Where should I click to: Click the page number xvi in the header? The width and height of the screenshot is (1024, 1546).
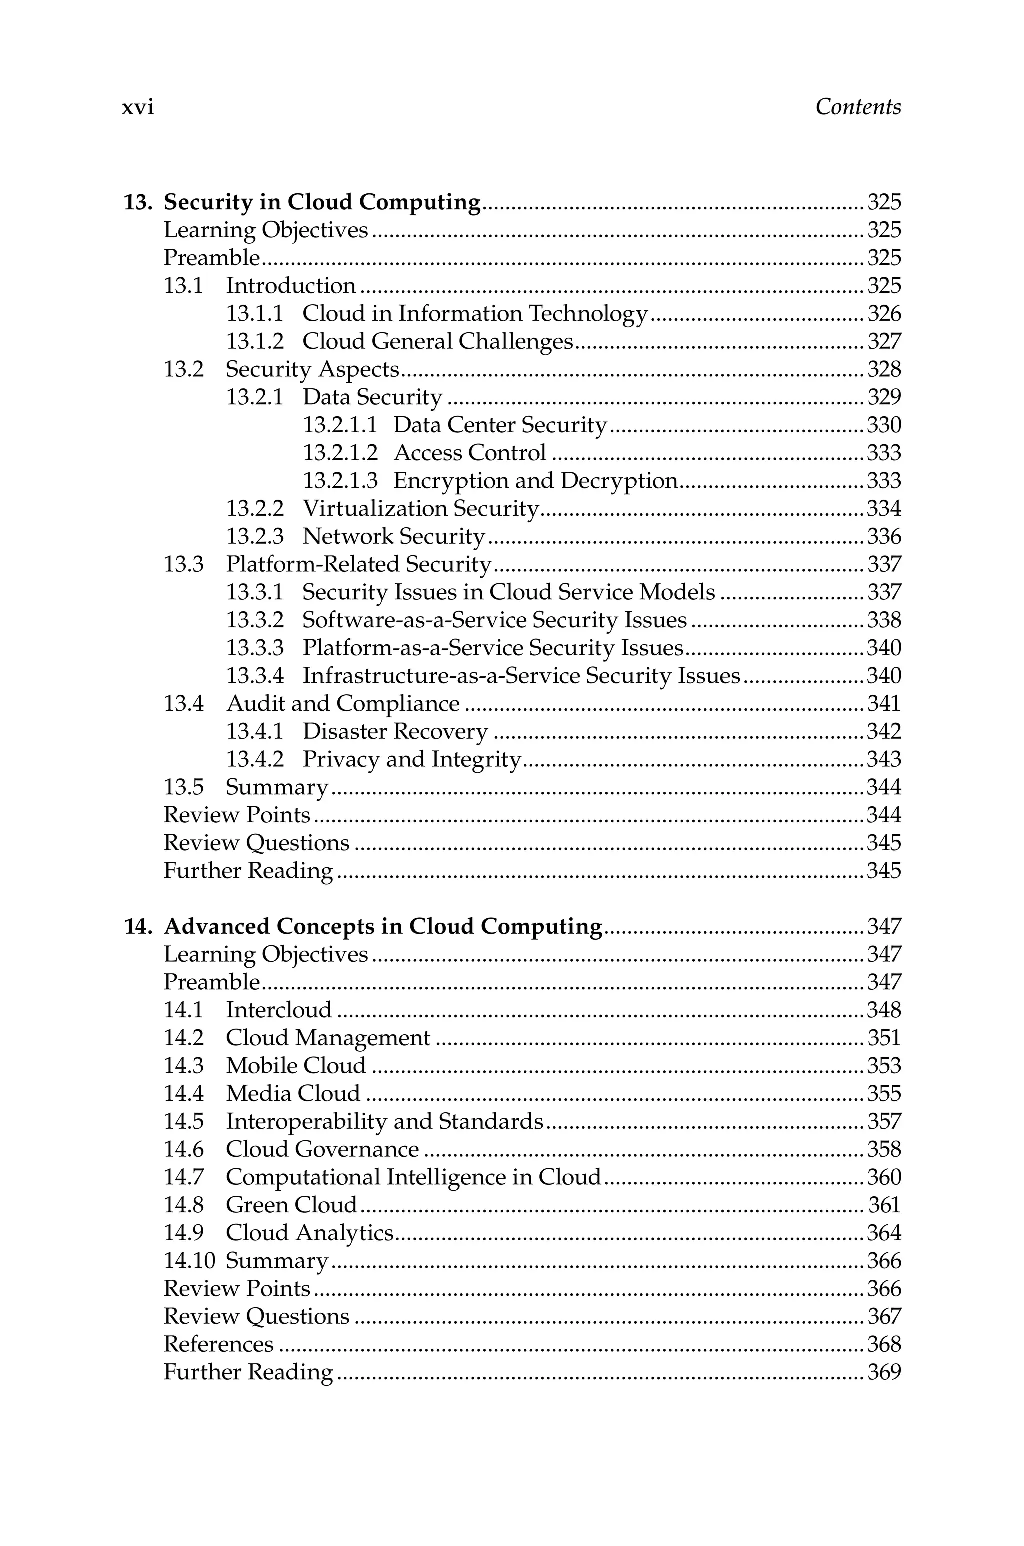click(138, 107)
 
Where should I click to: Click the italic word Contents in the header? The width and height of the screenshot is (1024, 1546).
click(857, 107)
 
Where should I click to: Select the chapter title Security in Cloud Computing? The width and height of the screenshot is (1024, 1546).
click(322, 202)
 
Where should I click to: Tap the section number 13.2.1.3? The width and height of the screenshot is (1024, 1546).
click(340, 481)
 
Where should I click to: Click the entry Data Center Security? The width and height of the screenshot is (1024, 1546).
click(500, 425)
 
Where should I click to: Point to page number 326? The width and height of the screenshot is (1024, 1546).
click(883, 314)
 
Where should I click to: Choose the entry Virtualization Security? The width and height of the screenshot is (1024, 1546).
click(420, 508)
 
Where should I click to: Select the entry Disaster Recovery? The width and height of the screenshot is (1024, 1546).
click(395, 732)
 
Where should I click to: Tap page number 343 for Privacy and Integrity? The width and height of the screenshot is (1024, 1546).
click(883, 759)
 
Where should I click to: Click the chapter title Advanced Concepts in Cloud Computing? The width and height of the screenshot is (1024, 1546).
click(382, 926)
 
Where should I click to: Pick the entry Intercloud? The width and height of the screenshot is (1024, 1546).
click(279, 1010)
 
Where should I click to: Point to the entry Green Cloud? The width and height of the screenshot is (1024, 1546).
click(291, 1205)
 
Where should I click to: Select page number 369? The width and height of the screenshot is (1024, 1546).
click(883, 1372)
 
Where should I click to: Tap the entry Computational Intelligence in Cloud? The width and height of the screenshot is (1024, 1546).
click(413, 1177)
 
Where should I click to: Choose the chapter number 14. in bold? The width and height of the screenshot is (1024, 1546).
click(138, 926)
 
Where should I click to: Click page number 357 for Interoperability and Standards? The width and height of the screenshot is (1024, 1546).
click(883, 1121)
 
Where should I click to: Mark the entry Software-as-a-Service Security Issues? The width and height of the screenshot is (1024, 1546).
click(494, 620)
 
